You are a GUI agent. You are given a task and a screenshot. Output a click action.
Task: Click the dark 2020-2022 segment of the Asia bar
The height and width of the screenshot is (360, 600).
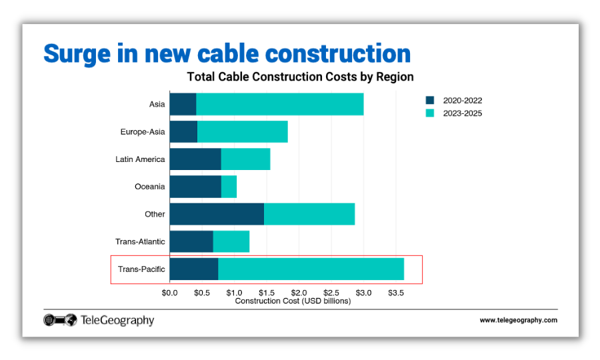183,104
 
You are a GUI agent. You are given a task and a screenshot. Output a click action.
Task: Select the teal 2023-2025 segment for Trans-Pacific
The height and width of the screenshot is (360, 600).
311,269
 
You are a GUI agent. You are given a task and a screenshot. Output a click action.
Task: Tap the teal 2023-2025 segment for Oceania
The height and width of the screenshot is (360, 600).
229,187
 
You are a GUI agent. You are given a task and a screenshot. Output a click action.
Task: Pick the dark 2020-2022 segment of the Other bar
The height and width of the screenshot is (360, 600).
217,214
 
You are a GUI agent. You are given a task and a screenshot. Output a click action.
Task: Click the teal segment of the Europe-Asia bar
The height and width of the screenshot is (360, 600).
243,132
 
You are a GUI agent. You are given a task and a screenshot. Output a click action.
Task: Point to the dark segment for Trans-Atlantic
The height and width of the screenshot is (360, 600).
191,241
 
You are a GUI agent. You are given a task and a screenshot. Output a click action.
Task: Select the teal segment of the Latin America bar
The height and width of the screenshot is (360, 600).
245,159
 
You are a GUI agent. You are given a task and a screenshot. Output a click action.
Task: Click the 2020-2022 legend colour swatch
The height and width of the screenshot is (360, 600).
430,101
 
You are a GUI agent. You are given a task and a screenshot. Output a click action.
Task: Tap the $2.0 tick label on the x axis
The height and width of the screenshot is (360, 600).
299,293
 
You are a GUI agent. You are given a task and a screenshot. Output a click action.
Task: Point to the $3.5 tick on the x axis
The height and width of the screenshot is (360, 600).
396,293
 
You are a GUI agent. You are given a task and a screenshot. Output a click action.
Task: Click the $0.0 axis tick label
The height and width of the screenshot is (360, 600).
169,293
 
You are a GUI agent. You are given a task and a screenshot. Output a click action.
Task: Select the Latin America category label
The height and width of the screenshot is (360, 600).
140,159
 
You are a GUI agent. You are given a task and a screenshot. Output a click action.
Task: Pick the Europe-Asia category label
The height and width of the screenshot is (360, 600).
142,132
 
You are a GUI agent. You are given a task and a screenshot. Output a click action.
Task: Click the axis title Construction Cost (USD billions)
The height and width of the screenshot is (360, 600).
293,301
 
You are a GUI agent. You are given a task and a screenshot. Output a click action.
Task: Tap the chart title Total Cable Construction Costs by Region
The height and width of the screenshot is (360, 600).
300,77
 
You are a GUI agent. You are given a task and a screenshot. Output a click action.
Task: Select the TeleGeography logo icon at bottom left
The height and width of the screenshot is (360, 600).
61,321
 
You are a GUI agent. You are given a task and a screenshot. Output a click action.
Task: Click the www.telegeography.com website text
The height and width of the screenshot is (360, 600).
518,321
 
